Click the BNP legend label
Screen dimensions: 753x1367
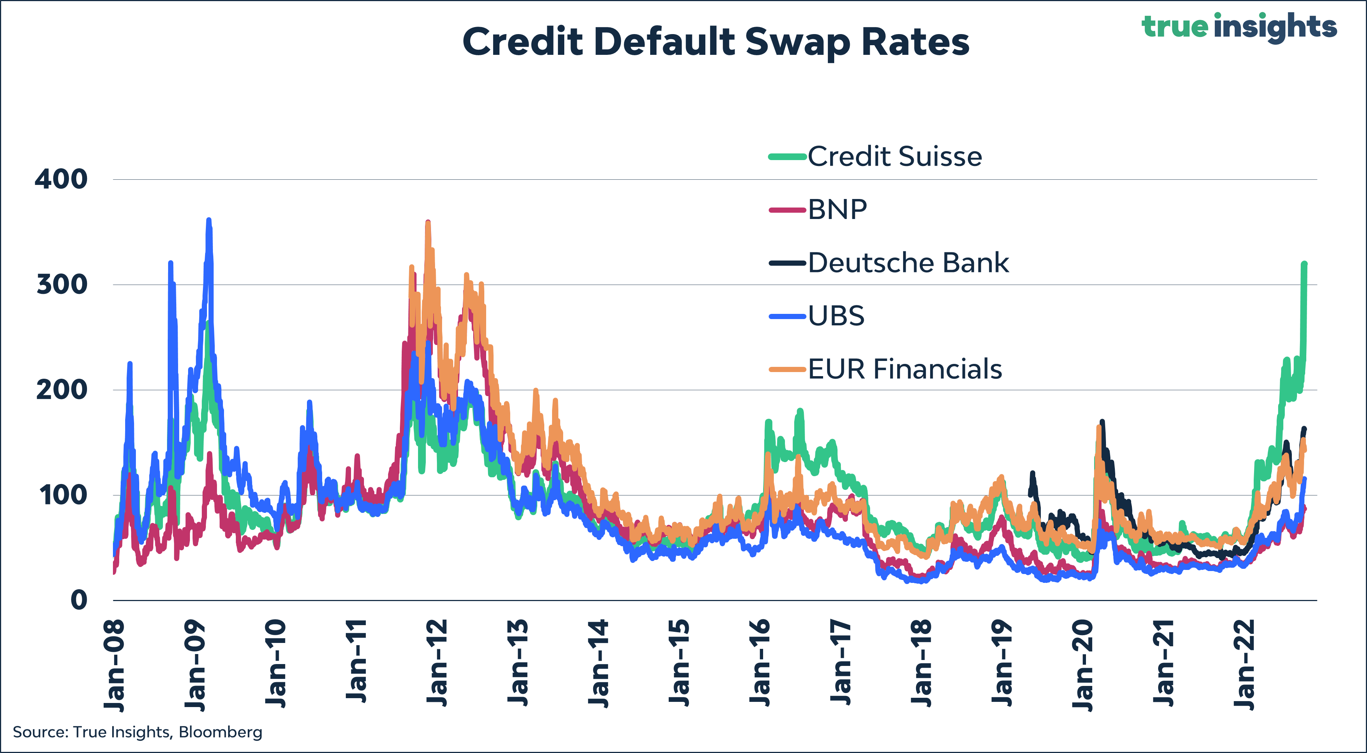tap(838, 209)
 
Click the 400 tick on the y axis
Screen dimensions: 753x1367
tap(61, 179)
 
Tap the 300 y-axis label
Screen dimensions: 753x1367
tap(61, 284)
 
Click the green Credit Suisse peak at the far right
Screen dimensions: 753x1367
tap(1304, 264)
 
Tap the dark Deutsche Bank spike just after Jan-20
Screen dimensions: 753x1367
tap(1102, 422)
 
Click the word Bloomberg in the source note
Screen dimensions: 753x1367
tap(220, 732)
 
